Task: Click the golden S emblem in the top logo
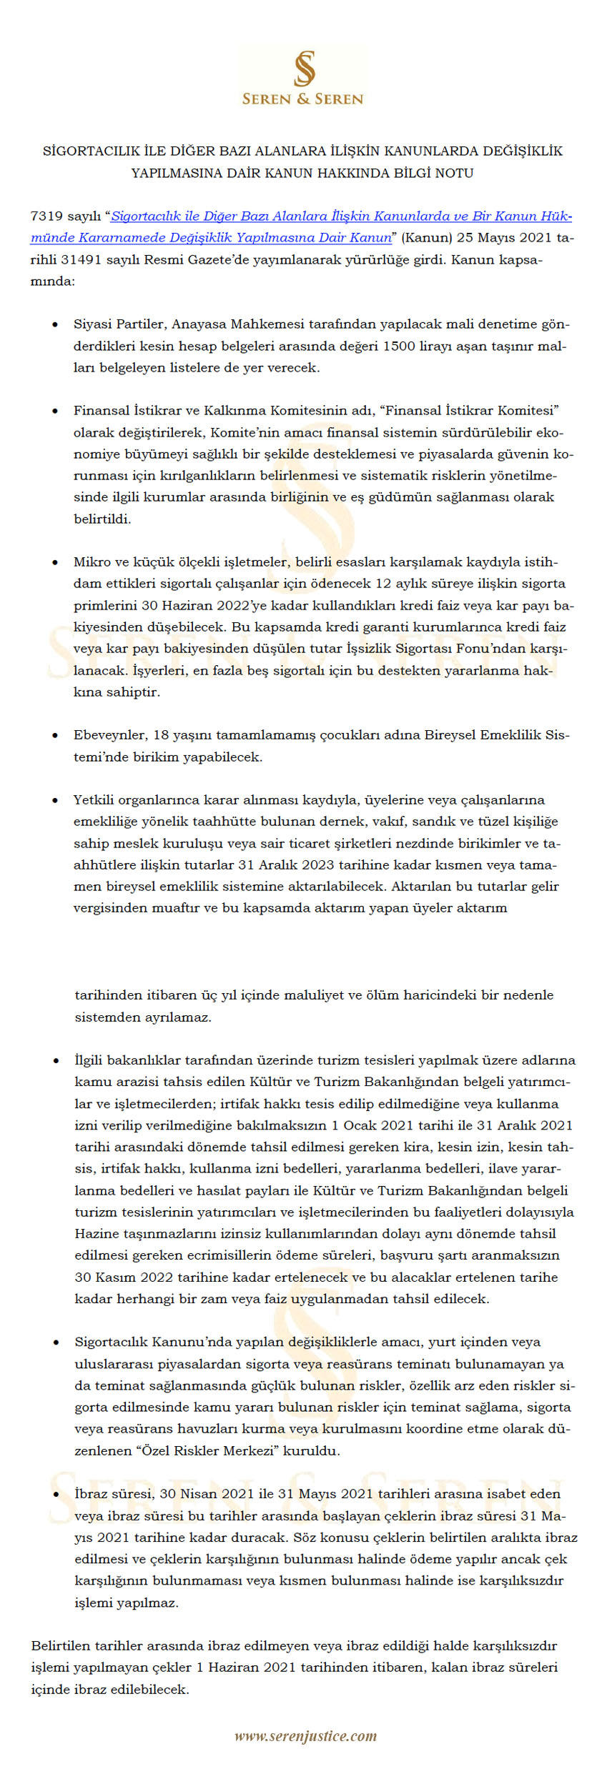pyautogui.click(x=305, y=69)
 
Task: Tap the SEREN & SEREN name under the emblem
pyautogui.click(x=303, y=99)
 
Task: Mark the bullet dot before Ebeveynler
pyautogui.click(x=55, y=736)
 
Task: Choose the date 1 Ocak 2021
pyautogui.click(x=375, y=1125)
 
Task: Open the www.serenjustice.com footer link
pyautogui.click(x=305, y=1736)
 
